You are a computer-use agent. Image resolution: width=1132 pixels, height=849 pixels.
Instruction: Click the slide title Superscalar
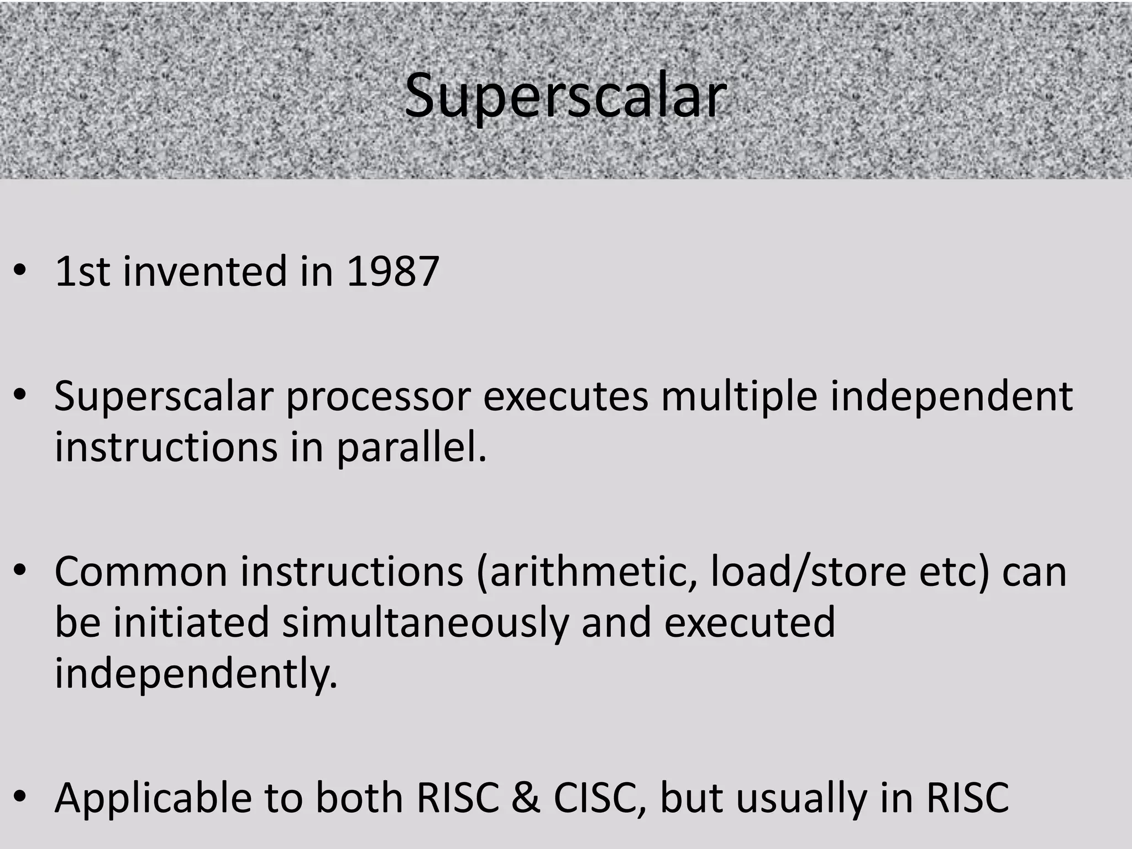[x=565, y=97]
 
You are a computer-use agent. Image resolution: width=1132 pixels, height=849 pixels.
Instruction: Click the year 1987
[x=392, y=272]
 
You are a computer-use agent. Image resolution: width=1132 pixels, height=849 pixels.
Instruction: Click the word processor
[x=378, y=397]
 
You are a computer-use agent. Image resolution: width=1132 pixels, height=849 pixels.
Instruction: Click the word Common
[x=141, y=572]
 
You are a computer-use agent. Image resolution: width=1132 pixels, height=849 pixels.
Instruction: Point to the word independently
[x=196, y=674]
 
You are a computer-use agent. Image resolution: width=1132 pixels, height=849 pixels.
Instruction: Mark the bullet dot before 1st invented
[x=20, y=272]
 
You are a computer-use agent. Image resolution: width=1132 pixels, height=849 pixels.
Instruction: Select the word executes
[x=565, y=397]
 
